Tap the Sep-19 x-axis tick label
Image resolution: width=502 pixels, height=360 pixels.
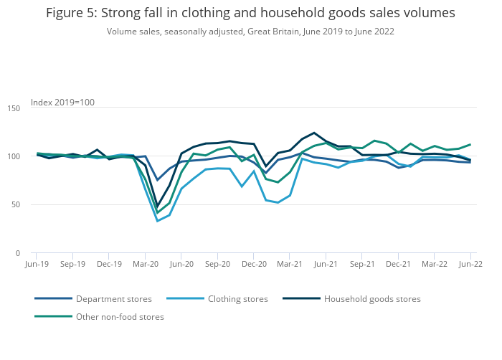tap(72, 264)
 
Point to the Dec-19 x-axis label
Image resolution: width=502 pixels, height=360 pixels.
tap(109, 264)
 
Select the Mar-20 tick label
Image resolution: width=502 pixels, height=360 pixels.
tap(146, 264)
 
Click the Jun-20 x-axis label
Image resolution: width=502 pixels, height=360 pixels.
tap(181, 264)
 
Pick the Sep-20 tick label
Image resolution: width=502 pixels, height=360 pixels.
tap(217, 264)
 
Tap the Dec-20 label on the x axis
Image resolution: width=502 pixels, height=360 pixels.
tap(254, 264)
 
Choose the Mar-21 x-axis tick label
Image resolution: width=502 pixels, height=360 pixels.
tap(290, 264)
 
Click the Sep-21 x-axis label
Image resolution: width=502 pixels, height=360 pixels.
tap(362, 264)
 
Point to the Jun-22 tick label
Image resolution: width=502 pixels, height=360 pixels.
tap(470, 264)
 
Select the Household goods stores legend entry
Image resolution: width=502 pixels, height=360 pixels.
tap(372, 299)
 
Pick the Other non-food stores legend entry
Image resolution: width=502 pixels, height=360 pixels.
tap(120, 317)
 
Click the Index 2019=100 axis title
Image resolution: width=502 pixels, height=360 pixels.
tap(62, 103)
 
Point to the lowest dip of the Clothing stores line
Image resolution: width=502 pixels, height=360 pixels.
tap(158, 221)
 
